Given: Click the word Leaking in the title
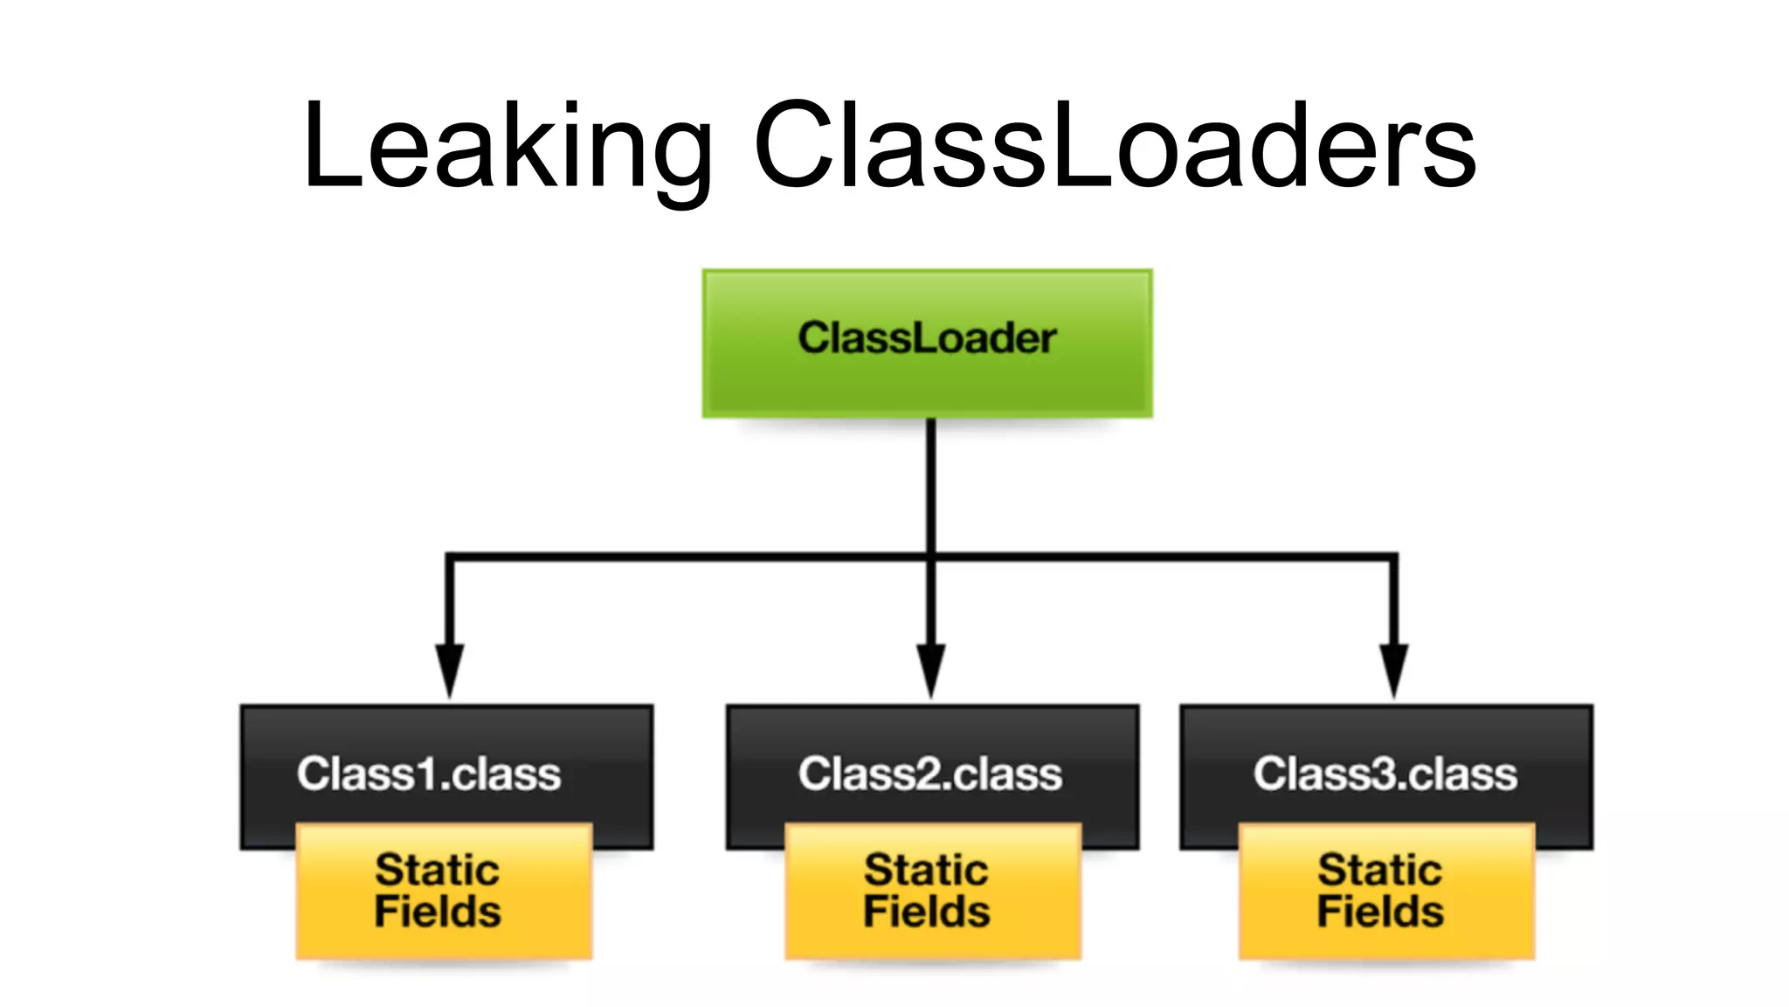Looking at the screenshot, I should [507, 147].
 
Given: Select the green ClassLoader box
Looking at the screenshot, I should [927, 343].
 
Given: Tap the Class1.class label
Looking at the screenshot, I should [428, 774].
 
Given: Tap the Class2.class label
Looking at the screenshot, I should [929, 774].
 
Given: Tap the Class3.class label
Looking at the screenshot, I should [1385, 774].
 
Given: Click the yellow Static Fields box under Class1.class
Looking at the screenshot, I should [444, 892].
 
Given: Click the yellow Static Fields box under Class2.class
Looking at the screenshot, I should [932, 892].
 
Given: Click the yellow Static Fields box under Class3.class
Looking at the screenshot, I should [1386, 892].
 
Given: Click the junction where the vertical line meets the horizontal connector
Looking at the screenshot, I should [931, 557].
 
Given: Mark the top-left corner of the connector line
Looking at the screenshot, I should [450, 557].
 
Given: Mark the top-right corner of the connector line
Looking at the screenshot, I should [1393, 557].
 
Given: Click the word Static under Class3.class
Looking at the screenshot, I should [1379, 870].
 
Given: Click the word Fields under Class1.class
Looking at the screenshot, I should [438, 912].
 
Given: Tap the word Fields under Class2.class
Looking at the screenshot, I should [927, 912].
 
